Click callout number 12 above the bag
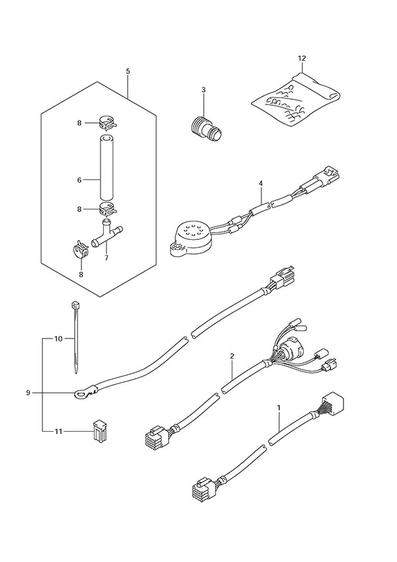pyautogui.click(x=302, y=59)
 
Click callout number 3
pyautogui.click(x=204, y=90)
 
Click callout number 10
pyautogui.click(x=58, y=339)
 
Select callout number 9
pyautogui.click(x=28, y=393)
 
